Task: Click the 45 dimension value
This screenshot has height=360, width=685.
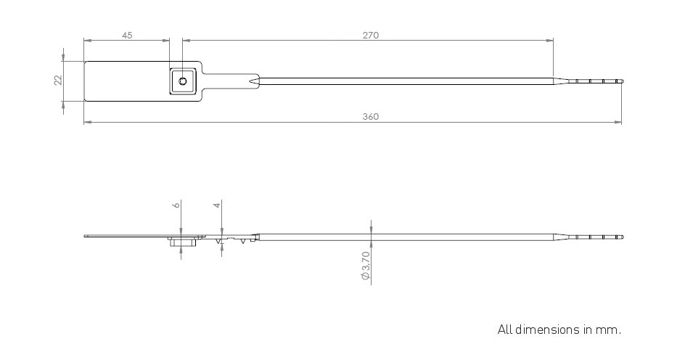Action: point(127,36)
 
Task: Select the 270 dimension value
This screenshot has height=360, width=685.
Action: point(371,36)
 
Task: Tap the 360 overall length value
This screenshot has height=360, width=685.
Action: point(371,117)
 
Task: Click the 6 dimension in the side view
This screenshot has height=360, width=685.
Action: point(176,205)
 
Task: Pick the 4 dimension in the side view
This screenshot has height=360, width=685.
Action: point(217,205)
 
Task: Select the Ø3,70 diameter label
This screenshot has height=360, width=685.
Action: point(366,266)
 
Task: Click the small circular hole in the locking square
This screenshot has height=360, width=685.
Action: point(183,81)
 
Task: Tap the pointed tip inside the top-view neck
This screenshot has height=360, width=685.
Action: point(250,81)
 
